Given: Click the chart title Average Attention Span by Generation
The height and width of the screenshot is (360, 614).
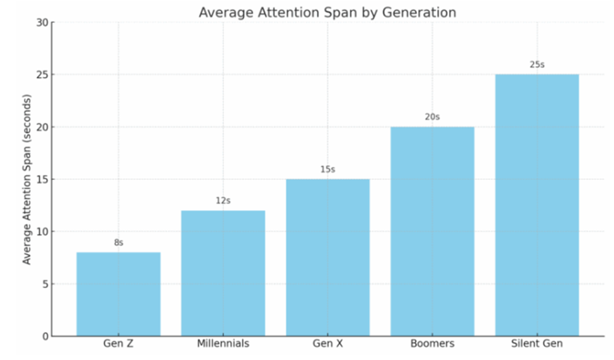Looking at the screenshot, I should coord(327,13).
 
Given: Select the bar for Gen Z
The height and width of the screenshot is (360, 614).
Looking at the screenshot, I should coord(118,294).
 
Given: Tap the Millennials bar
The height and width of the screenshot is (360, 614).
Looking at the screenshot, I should coord(223,273).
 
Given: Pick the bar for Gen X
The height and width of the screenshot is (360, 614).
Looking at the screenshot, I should coord(327,257).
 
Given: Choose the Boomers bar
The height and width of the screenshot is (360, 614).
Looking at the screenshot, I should coord(432,231).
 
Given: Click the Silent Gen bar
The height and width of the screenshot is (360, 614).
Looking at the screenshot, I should coord(537,205).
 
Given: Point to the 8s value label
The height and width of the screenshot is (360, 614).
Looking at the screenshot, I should coord(118,242).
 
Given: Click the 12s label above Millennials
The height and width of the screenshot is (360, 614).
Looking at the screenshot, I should coord(223,201).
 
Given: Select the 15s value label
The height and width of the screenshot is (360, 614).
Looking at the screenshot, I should coord(327,169).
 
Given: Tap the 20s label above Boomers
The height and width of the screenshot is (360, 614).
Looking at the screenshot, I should coord(432,117).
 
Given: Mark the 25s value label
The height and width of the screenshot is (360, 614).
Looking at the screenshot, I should coord(537,65).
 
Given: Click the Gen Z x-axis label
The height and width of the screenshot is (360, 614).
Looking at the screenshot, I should coord(118,344).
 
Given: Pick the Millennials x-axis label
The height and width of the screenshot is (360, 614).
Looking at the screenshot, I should coord(223,344).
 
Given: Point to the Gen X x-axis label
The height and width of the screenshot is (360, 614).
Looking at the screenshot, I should coord(327,344).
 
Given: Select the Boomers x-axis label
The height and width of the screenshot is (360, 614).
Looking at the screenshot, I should coord(432,344).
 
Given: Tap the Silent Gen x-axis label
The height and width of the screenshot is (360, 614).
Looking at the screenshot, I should coord(537,344).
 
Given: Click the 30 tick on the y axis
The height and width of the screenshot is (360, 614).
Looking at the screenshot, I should coord(42,23).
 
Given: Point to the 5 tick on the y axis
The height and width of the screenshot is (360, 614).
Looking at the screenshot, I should coord(45,284).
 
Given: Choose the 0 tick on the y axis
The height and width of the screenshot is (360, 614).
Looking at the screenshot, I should coord(45,336).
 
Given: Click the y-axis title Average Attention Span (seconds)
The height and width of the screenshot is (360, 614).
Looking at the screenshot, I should coord(26,179).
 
